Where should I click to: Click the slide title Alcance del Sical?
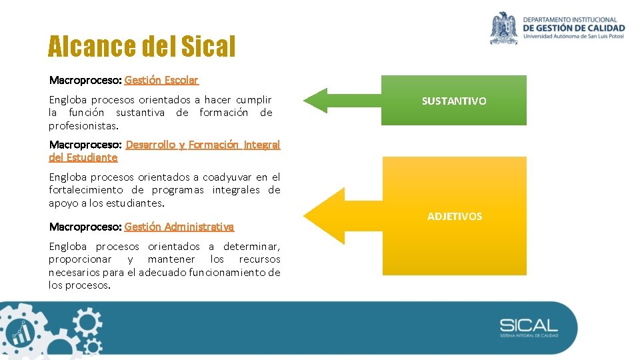pos(141,47)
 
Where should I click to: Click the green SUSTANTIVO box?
pos(453,101)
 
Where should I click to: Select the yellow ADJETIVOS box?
pos(454,216)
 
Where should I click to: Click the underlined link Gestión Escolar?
pos(161,80)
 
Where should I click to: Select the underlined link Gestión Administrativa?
pos(179,227)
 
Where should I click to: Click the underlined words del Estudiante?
pos(83,157)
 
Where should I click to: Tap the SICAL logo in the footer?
pos(529,327)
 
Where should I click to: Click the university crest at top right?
pos(504,28)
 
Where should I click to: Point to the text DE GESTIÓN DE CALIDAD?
pos(574,28)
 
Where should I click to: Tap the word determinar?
pos(251,246)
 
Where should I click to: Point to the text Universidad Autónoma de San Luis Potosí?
pos(573,37)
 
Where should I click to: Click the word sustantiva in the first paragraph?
pos(141,113)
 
